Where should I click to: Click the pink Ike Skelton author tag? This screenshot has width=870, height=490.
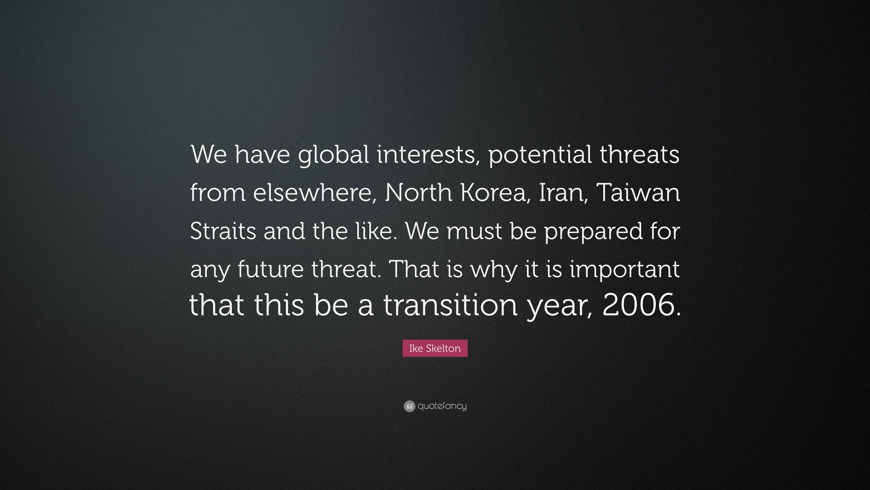tap(435, 348)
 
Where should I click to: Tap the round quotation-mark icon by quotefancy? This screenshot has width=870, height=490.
tap(409, 406)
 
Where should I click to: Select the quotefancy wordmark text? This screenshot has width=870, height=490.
tap(442, 406)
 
